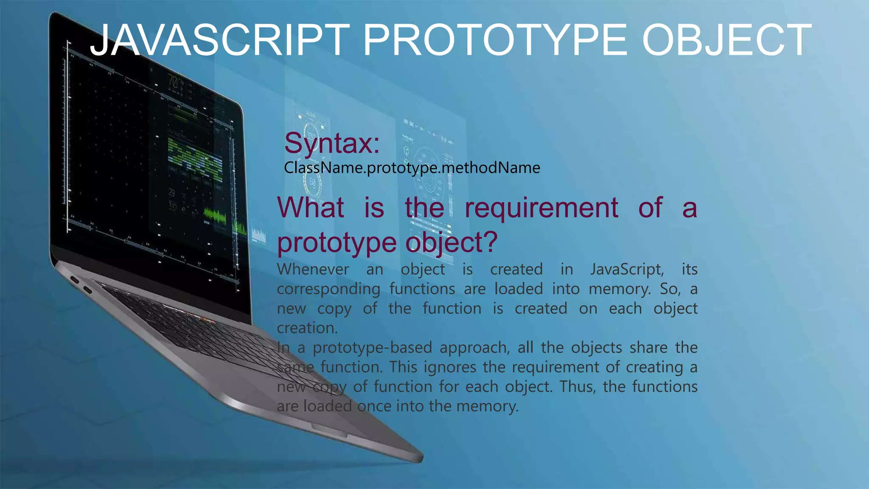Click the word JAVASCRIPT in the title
click(220, 40)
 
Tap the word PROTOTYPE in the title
click(495, 40)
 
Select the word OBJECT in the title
click(726, 40)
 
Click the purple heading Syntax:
click(332, 143)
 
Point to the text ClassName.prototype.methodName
click(412, 168)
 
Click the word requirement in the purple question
click(541, 208)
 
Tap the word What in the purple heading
click(310, 208)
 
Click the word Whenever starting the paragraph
click(313, 270)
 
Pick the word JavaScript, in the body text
click(627, 270)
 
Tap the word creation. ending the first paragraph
click(307, 328)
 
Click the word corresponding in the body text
click(328, 289)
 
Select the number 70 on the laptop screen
click(173, 81)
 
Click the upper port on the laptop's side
click(75, 280)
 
